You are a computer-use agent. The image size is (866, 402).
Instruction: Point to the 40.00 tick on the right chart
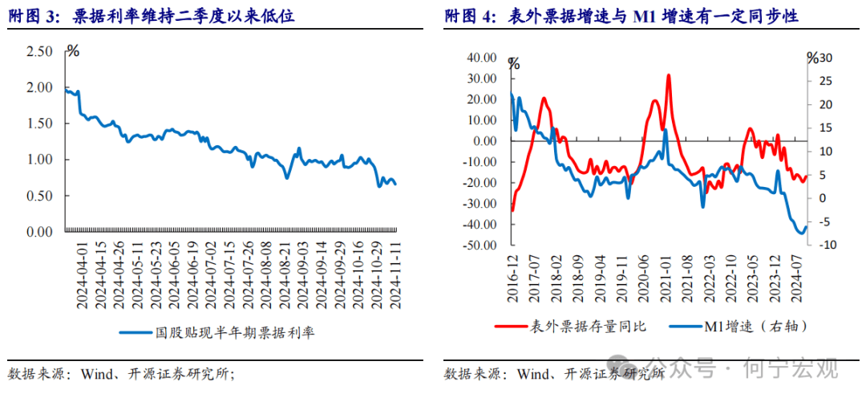tap(482, 58)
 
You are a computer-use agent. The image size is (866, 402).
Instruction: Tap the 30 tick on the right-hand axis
tap(826, 58)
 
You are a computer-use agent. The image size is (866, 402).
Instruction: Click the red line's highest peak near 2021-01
tap(668, 75)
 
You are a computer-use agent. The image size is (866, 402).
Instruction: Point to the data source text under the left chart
tap(120, 374)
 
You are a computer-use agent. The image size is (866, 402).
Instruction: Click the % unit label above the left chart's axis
tap(73, 52)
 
